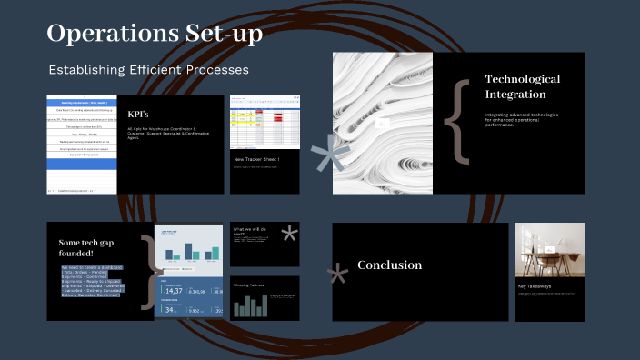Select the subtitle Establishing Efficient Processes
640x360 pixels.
(148, 70)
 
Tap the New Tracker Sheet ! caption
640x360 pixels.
(257, 160)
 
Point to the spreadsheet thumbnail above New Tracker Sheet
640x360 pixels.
(265, 122)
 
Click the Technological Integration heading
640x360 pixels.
(522, 86)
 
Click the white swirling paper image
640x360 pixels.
(382, 122)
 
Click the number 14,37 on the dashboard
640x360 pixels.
(173, 290)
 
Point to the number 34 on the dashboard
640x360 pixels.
(170, 309)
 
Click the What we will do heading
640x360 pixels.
(252, 232)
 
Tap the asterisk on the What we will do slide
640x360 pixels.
(289, 235)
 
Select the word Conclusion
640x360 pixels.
(389, 265)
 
